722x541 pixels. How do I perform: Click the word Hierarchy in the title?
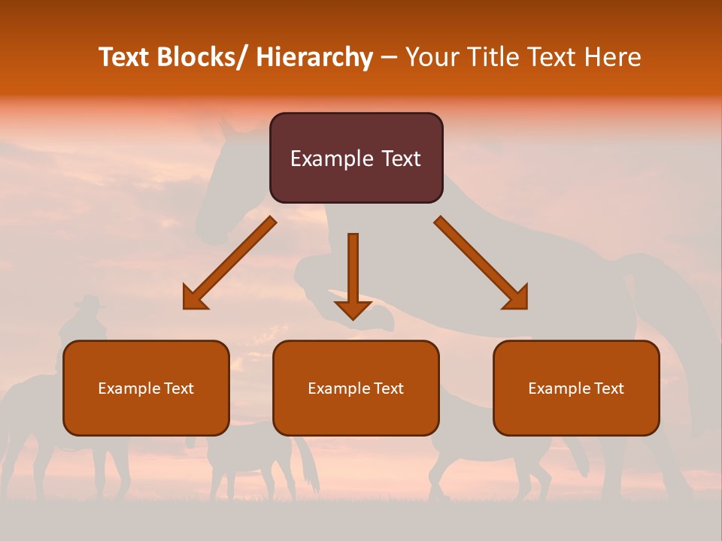314,57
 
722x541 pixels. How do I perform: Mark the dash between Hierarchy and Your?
389,59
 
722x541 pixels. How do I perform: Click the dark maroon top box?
356,158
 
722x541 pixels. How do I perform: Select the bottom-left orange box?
146,388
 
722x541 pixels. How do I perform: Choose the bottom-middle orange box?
356,388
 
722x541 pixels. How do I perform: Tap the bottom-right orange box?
576,388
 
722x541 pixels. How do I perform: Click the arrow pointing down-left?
229,264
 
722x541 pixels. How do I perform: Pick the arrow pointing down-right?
481,263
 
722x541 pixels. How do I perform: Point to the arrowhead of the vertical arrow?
353,309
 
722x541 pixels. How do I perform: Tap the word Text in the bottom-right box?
608,388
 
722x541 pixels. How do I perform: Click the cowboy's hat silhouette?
89,302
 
